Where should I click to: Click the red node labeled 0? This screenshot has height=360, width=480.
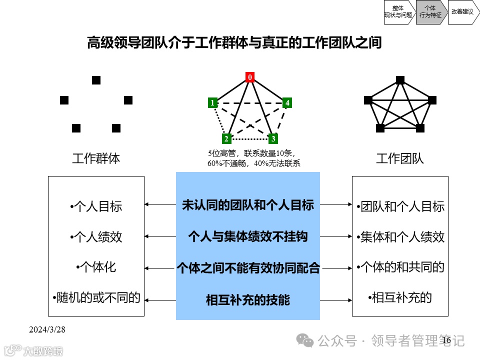tap(250, 77)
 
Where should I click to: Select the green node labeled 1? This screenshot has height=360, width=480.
tap(212, 103)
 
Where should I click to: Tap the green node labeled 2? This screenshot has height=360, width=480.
tap(226, 138)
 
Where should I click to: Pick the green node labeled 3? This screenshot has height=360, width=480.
tap(273, 138)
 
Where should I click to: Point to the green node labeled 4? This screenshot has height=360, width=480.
tap(287, 103)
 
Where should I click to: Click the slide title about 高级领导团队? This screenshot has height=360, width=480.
tap(234, 42)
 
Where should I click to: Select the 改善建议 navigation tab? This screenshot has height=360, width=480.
tap(462, 11)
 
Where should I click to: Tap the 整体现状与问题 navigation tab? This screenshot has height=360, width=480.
tap(398, 11)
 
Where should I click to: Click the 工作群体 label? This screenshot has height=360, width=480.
tap(96, 159)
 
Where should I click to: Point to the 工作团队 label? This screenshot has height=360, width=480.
tap(400, 159)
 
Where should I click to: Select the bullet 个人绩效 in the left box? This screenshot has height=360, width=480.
tap(96, 236)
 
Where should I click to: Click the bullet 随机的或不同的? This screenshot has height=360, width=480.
tap(96, 297)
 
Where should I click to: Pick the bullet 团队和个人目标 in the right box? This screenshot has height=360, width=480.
tap(400, 206)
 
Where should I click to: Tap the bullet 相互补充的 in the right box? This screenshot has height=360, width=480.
tap(400, 297)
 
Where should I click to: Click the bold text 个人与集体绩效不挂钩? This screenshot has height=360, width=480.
tap(247, 236)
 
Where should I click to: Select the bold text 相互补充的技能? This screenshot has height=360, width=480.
tap(247, 300)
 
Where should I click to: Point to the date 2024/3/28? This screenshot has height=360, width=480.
tap(47, 329)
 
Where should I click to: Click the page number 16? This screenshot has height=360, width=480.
tap(446, 340)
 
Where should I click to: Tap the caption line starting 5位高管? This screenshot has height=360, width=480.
tap(251, 153)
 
